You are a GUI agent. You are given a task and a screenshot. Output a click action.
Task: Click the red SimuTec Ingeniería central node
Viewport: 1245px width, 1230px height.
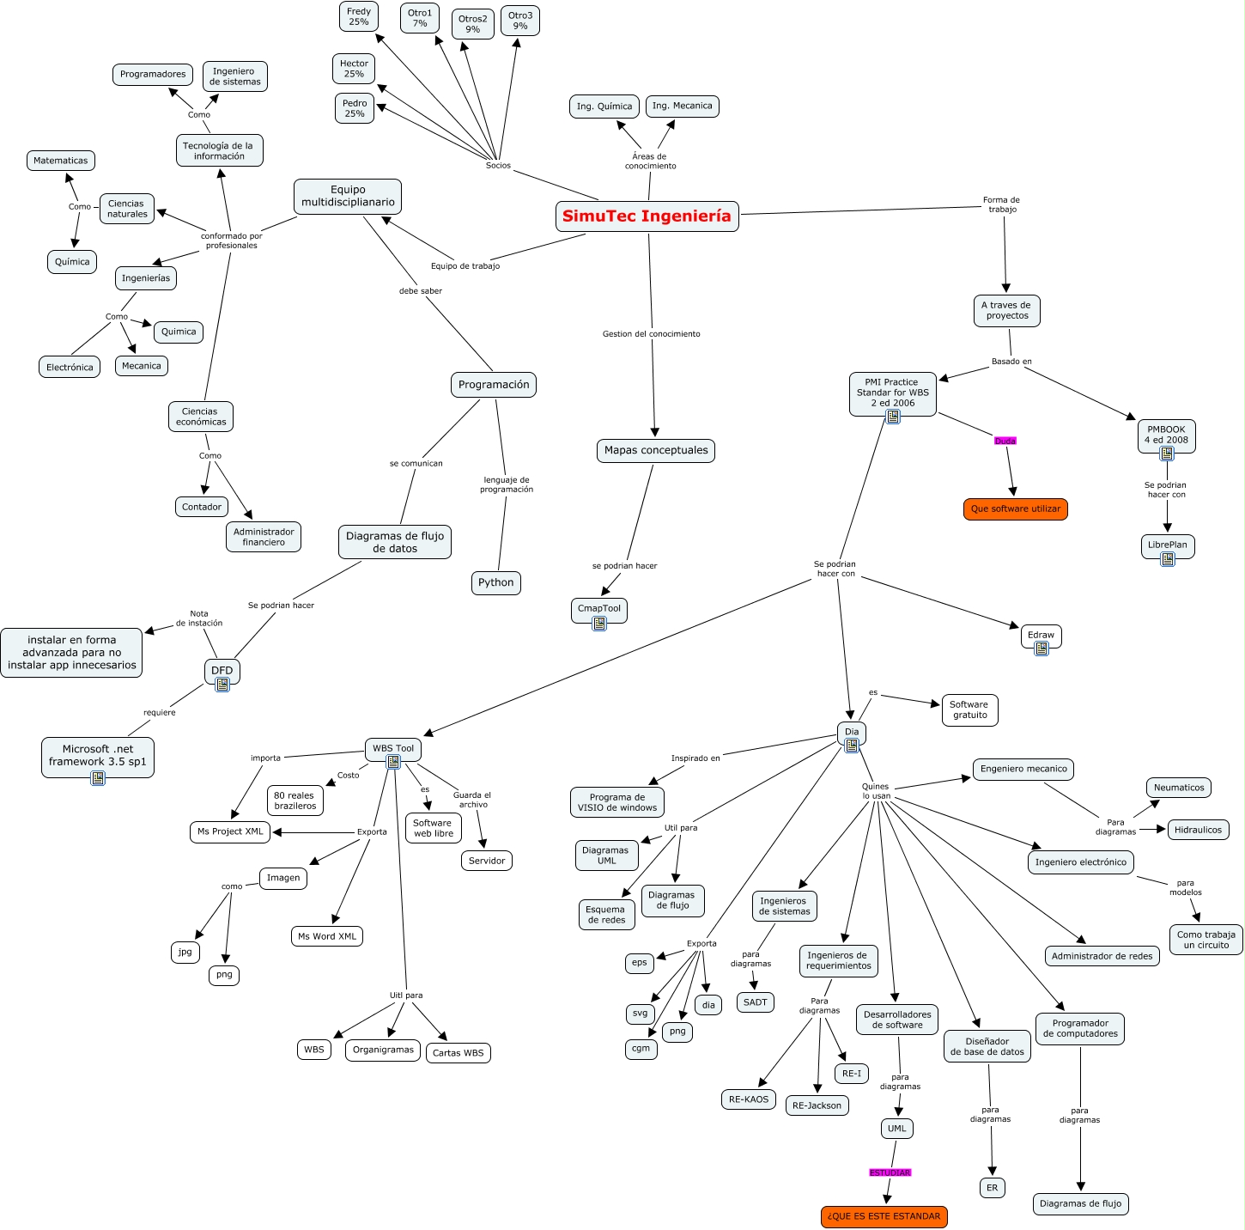pyautogui.click(x=647, y=216)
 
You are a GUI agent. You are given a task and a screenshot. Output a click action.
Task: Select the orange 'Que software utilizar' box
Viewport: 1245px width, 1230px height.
pyautogui.click(x=1015, y=508)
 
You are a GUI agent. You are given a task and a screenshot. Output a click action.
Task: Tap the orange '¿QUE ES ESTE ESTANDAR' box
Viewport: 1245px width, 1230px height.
pyautogui.click(x=884, y=1216)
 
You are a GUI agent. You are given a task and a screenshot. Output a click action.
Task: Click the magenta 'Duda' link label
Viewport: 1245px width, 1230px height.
pyautogui.click(x=1005, y=441)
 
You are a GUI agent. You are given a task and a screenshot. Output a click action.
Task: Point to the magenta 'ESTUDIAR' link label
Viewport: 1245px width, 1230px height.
pyautogui.click(x=890, y=1172)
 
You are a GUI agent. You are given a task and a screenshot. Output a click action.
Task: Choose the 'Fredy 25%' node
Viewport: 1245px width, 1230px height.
pyautogui.click(x=359, y=16)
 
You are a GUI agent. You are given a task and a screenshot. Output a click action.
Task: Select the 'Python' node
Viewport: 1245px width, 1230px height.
pyautogui.click(x=495, y=582)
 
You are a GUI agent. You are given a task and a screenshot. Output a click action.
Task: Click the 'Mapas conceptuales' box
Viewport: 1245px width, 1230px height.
pyautogui.click(x=656, y=450)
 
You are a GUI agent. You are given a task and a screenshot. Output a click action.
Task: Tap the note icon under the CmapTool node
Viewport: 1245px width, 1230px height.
pyautogui.click(x=599, y=623)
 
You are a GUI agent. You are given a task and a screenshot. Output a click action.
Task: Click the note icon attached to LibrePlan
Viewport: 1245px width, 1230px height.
pyautogui.click(x=1168, y=559)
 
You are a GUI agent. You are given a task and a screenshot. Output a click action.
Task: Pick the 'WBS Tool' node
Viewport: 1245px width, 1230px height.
pyautogui.click(x=392, y=748)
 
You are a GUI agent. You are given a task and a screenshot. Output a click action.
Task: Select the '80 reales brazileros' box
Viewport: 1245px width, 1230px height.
pyautogui.click(x=295, y=801)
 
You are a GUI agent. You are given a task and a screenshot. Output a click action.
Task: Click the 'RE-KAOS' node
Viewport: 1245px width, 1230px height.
pyautogui.click(x=748, y=1099)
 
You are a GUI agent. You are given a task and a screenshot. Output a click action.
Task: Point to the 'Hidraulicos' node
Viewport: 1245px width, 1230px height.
pyautogui.click(x=1198, y=829)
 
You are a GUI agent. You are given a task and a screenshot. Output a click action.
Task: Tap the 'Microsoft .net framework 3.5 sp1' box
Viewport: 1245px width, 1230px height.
pyautogui.click(x=98, y=756)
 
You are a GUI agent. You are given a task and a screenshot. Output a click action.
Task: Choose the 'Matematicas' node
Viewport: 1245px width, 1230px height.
pyautogui.click(x=61, y=161)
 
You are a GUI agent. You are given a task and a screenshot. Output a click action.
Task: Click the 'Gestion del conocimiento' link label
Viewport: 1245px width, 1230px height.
pyautogui.click(x=651, y=333)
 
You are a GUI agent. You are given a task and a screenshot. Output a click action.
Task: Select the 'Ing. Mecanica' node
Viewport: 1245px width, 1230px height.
pyautogui.click(x=683, y=106)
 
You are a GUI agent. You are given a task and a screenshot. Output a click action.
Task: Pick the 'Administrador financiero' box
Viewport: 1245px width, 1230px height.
pyautogui.click(x=264, y=537)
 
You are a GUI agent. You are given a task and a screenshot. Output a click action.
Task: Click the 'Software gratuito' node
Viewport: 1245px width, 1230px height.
pyautogui.click(x=969, y=709)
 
